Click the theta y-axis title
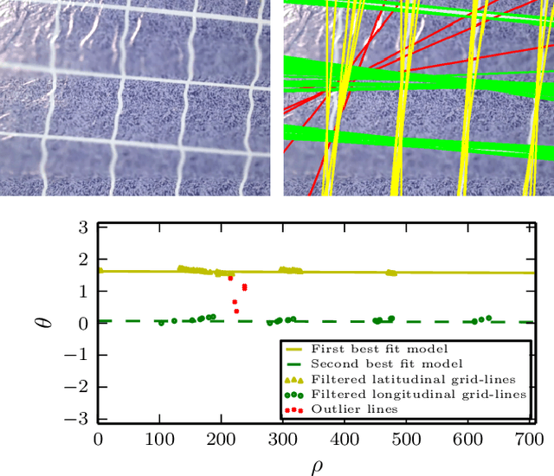[47, 323]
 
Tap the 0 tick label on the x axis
[98, 440]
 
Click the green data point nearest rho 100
[161, 323]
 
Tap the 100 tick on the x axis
[159, 440]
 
